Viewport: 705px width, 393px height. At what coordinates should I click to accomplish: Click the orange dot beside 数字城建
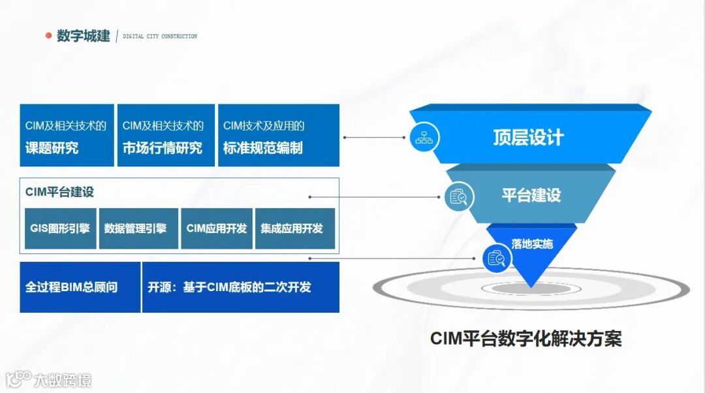[x=48, y=36]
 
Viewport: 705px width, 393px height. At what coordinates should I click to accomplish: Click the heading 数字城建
[x=83, y=36]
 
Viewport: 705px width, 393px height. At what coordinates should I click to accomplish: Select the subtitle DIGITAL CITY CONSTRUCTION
[x=160, y=37]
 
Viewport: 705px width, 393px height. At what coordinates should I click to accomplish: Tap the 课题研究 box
[x=67, y=136]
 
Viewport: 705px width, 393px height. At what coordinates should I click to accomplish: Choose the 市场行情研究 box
[x=166, y=136]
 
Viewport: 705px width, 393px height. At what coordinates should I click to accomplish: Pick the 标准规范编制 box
[x=278, y=136]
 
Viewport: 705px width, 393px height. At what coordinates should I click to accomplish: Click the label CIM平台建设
[x=60, y=192]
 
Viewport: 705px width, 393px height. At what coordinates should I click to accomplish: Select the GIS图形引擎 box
[x=60, y=228]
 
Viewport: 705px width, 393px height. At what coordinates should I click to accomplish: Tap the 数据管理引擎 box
[x=135, y=228]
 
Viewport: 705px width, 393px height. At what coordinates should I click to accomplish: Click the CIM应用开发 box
[x=217, y=228]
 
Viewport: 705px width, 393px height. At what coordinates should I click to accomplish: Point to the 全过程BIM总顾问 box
[x=80, y=287]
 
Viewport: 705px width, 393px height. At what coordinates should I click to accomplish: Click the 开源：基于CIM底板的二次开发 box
[x=240, y=287]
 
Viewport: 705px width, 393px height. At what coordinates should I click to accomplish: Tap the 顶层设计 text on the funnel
[x=528, y=138]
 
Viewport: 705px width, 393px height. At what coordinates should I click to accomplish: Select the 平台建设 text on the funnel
[x=531, y=195]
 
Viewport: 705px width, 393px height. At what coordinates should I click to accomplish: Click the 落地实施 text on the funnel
[x=532, y=244]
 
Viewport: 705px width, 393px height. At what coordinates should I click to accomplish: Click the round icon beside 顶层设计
[x=425, y=138]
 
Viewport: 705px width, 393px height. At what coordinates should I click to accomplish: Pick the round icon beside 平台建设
[x=459, y=196]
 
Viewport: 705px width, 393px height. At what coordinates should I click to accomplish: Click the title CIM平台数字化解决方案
[x=525, y=339]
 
